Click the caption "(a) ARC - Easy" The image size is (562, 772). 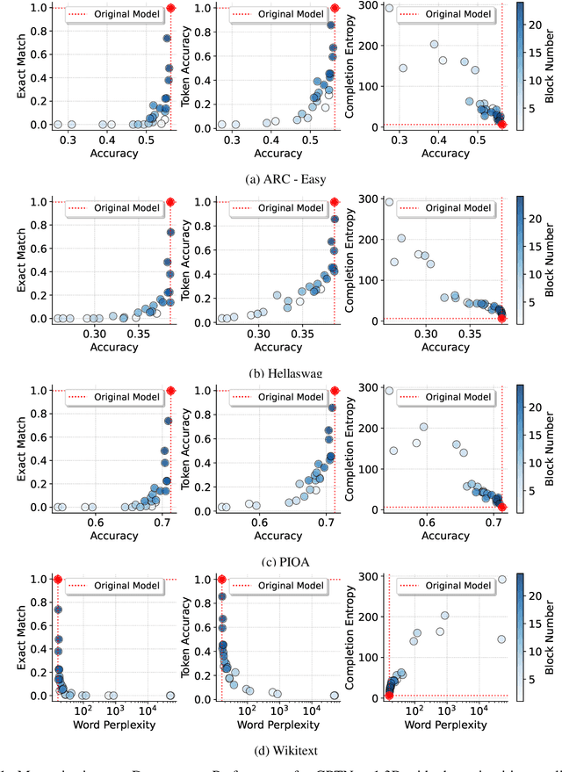click(280, 181)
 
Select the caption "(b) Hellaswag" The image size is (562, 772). click(280, 373)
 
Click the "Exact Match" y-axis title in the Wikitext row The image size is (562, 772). click(11, 638)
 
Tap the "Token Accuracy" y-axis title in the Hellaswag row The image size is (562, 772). click(185, 260)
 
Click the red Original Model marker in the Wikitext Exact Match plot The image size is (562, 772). click(58, 579)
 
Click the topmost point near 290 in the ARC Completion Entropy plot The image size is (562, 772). click(389, 8)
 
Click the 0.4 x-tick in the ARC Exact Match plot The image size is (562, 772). click(107, 140)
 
